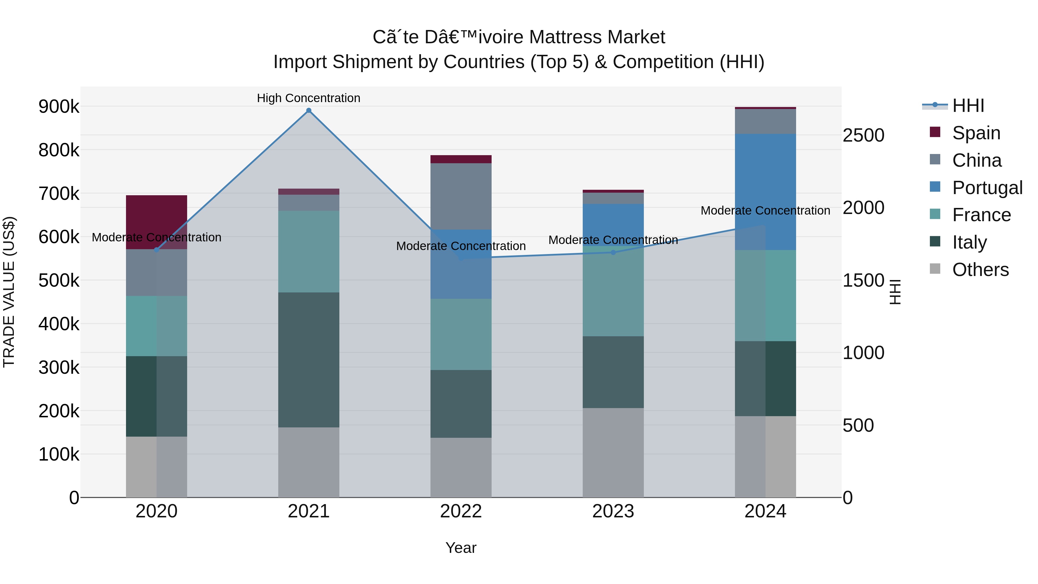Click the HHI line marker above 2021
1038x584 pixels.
(x=309, y=110)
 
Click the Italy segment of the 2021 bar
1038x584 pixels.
(x=309, y=360)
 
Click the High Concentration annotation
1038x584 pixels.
(x=309, y=98)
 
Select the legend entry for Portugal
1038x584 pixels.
(x=987, y=187)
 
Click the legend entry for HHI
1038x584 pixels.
(x=968, y=106)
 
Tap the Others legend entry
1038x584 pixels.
(x=980, y=270)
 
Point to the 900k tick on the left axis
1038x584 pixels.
(x=59, y=107)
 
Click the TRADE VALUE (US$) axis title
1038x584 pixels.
(x=9, y=292)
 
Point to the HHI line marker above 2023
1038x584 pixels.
(x=613, y=253)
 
